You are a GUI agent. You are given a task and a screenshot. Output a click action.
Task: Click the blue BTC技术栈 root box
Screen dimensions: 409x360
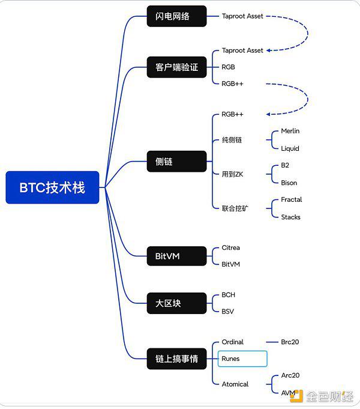click(x=52, y=187)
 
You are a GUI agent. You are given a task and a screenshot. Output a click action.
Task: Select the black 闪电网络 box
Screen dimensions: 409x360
click(x=176, y=16)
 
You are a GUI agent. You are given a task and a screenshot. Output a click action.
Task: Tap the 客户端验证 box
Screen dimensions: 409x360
click(x=176, y=67)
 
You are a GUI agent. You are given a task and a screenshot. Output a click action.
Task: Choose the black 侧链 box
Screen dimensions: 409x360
click(x=176, y=161)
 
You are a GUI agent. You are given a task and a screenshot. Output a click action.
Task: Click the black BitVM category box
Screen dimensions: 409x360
click(x=176, y=256)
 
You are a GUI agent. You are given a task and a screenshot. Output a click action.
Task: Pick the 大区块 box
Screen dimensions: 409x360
click(x=176, y=303)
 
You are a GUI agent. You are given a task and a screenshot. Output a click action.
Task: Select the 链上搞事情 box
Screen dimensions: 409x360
click(x=176, y=359)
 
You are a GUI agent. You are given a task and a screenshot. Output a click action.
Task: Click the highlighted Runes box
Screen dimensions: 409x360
click(x=242, y=359)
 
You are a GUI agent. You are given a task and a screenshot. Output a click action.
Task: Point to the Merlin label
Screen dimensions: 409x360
click(x=290, y=131)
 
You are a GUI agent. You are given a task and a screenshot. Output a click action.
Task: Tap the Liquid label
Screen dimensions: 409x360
click(x=290, y=148)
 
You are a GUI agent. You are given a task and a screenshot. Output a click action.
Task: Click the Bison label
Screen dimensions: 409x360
click(x=289, y=183)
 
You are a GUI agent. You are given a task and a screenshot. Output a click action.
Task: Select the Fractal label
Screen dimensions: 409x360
click(x=291, y=199)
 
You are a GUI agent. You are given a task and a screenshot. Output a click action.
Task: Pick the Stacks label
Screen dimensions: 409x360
click(x=290, y=217)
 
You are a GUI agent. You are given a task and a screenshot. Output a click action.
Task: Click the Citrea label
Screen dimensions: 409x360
click(x=230, y=247)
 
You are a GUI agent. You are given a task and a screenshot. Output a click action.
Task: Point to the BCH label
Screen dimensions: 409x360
click(x=228, y=295)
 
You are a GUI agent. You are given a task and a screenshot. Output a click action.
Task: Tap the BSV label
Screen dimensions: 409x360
click(x=228, y=312)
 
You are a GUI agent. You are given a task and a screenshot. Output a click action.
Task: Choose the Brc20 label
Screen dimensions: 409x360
click(x=290, y=342)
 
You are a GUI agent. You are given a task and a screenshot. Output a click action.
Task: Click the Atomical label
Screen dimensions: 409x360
click(x=235, y=384)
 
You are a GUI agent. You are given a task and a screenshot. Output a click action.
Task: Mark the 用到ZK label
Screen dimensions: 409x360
click(x=233, y=174)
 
